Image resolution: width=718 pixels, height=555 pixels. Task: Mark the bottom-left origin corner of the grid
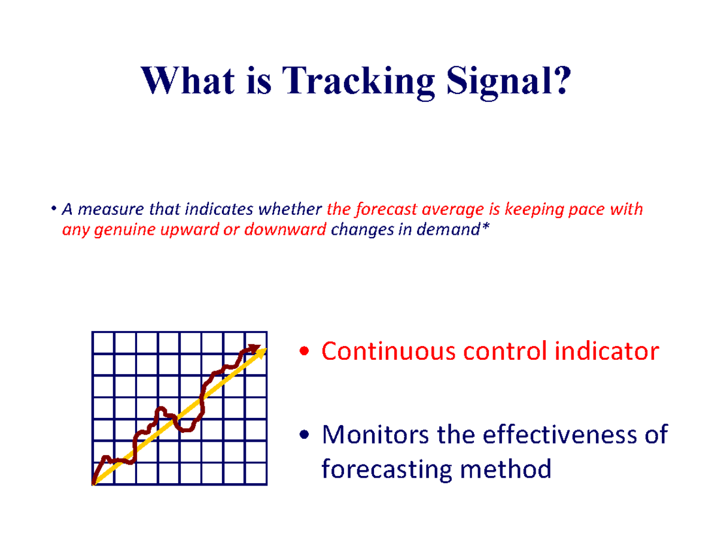[x=94, y=484]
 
